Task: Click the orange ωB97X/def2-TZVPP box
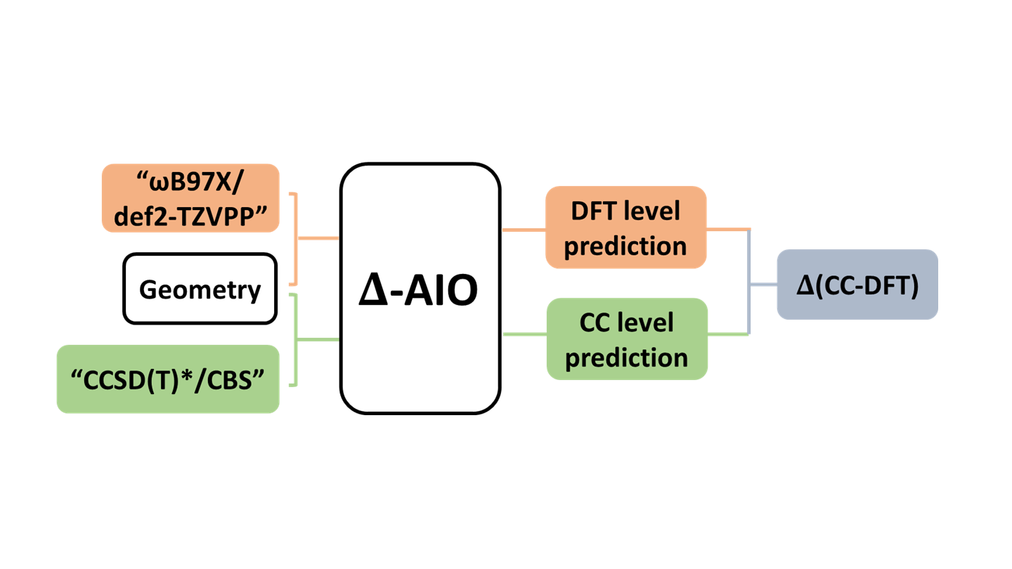pyautogui.click(x=190, y=198)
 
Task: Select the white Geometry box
pyautogui.click(x=200, y=289)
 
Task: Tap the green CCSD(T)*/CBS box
pyautogui.click(x=168, y=379)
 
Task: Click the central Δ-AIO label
pyautogui.click(x=418, y=289)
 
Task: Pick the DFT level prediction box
pyautogui.click(x=625, y=227)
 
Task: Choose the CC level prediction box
pyautogui.click(x=627, y=339)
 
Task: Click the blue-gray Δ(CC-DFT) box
pyautogui.click(x=857, y=284)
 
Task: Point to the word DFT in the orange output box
pyautogui.click(x=592, y=211)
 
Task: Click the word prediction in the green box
pyautogui.click(x=627, y=358)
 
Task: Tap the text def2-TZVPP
pyautogui.click(x=190, y=217)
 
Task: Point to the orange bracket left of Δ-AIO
pyautogui.click(x=296, y=238)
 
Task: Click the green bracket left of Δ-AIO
pyautogui.click(x=296, y=339)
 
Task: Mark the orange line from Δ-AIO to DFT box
pyautogui.click(x=524, y=230)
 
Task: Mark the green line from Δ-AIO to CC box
pyautogui.click(x=525, y=334)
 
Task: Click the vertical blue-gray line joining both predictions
pyautogui.click(x=749, y=282)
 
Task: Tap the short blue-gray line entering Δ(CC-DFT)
pyautogui.click(x=763, y=284)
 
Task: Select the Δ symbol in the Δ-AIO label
pyautogui.click(x=373, y=289)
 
